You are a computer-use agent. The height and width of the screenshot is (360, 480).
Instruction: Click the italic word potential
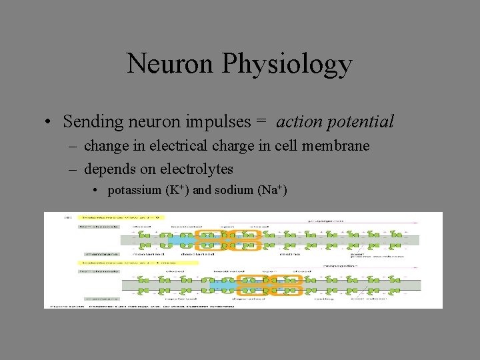(x=361, y=122)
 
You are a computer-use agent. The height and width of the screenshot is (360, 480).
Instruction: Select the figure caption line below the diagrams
(x=113, y=305)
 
